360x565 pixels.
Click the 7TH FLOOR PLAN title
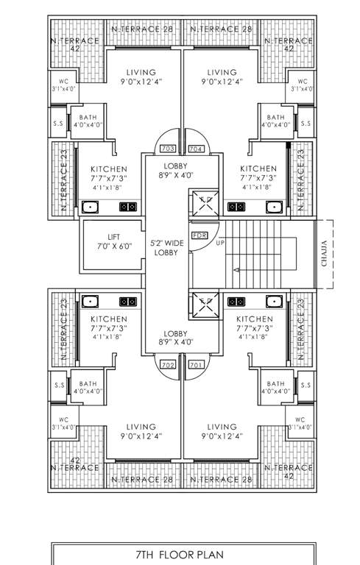click(x=180, y=555)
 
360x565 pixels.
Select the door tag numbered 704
click(x=195, y=149)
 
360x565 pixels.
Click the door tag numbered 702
click(x=166, y=364)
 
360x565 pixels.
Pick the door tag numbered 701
click(x=195, y=364)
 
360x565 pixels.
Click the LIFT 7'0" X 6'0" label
click(x=113, y=242)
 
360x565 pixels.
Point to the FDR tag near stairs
click(x=199, y=235)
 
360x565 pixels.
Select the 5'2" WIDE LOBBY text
click(x=166, y=247)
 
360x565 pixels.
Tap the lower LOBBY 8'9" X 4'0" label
click(x=176, y=338)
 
